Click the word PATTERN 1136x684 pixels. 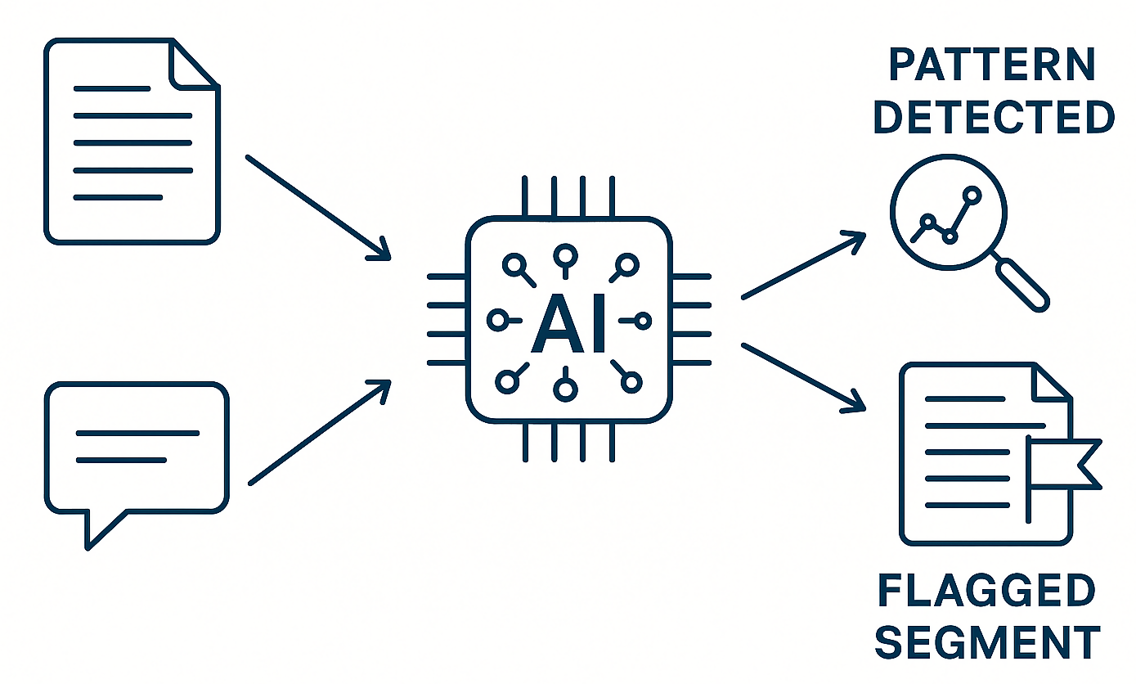pyautogui.click(x=992, y=65)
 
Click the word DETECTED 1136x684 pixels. pyautogui.click(x=994, y=117)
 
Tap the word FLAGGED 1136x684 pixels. pyautogui.click(x=986, y=592)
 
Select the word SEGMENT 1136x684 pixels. pyautogui.click(x=986, y=642)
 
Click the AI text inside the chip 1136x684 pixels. pyautogui.click(x=568, y=324)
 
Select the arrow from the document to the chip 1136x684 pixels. pyautogui.click(x=317, y=207)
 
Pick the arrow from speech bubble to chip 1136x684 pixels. pyautogui.click(x=319, y=433)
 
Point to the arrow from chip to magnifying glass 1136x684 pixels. pyautogui.click(x=802, y=266)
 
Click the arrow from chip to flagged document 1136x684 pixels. pyautogui.click(x=802, y=376)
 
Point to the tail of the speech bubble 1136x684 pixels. pyautogui.click(x=101, y=527)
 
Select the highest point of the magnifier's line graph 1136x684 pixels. pyautogui.click(x=972, y=195)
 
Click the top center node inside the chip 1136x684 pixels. pyautogui.click(x=564, y=256)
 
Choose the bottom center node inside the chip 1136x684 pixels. pyautogui.click(x=564, y=389)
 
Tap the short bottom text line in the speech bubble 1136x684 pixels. pyautogui.click(x=120, y=460)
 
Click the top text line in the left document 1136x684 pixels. pyautogui.click(x=112, y=88)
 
